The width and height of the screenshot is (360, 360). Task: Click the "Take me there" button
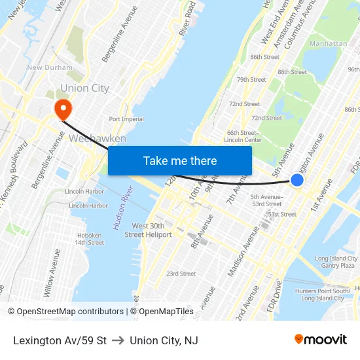(180, 160)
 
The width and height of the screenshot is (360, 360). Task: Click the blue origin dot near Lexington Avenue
(297, 179)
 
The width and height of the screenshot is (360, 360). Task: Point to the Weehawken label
(97, 139)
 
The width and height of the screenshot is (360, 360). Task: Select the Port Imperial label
(126, 119)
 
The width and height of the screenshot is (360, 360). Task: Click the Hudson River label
(122, 207)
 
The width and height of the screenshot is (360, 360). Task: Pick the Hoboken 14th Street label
(89, 239)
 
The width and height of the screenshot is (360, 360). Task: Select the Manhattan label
(329, 43)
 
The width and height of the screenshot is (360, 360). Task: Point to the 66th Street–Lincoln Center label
(243, 136)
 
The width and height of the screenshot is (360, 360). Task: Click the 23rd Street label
(181, 274)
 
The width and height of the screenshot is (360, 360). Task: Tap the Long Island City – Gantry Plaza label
(336, 262)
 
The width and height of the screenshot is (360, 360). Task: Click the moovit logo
(321, 339)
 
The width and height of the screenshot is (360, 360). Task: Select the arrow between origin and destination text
(118, 340)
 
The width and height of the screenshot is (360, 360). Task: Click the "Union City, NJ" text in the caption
(164, 340)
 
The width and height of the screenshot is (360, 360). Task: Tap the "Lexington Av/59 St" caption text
(60, 340)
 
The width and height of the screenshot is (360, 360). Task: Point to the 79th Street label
(251, 80)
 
